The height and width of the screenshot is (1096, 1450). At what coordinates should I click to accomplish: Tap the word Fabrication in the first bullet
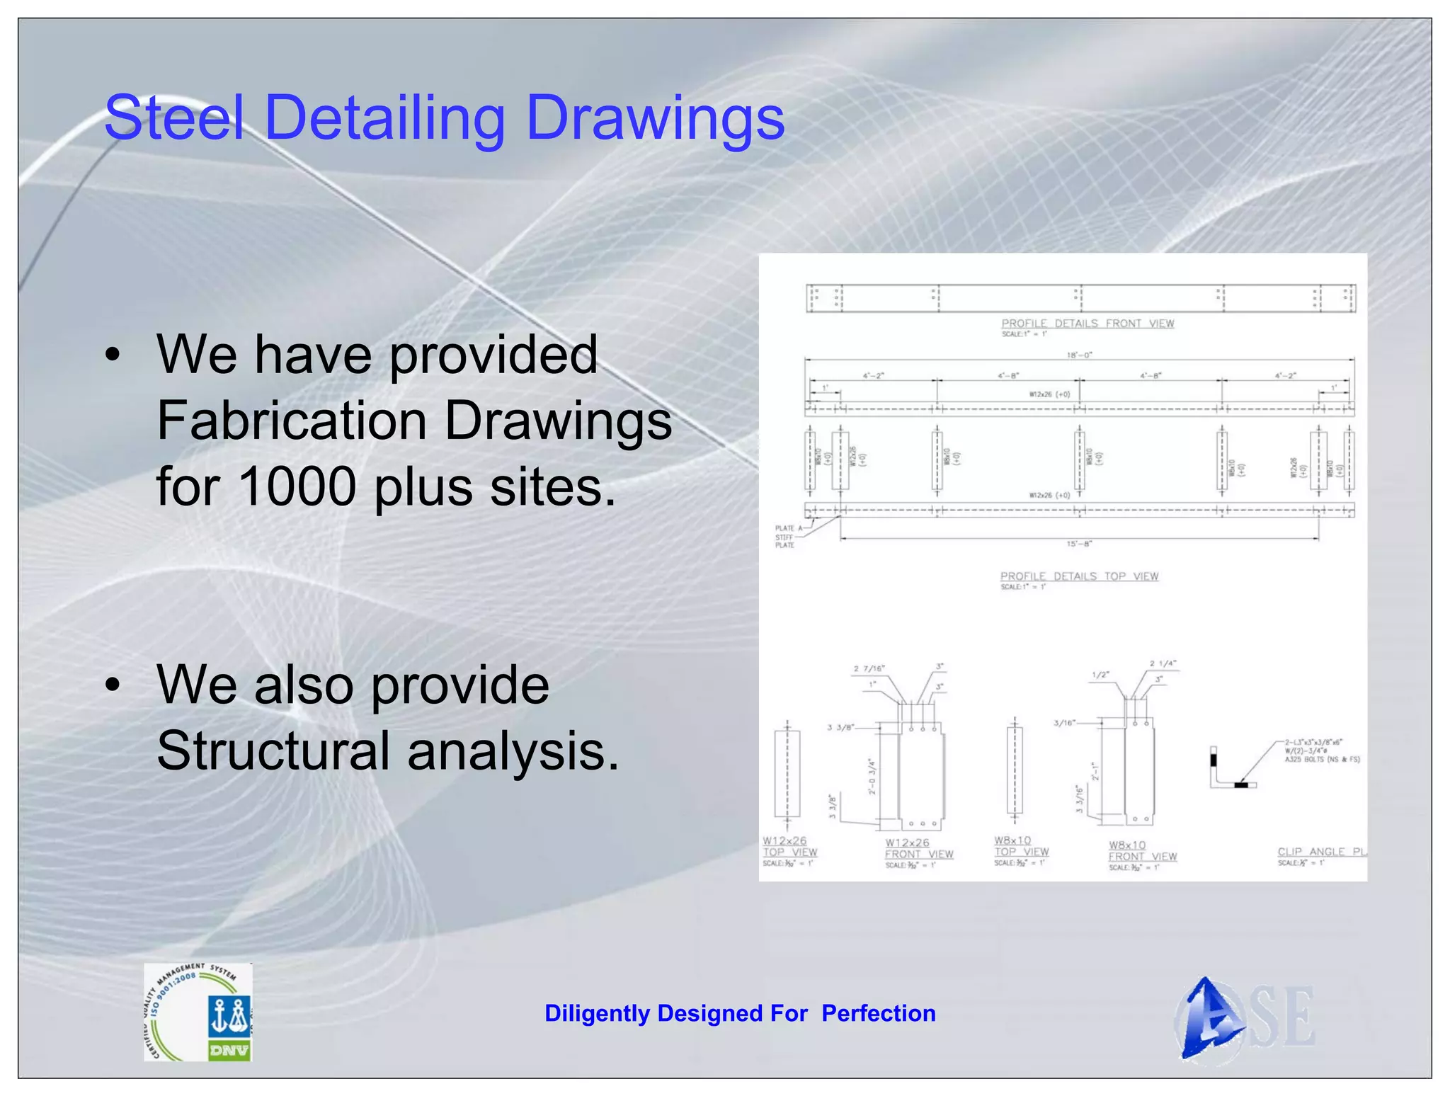click(x=292, y=421)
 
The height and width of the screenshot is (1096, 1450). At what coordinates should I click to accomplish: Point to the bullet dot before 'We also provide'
click(x=113, y=685)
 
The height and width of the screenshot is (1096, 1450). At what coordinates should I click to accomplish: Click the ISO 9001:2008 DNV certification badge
click(x=198, y=1012)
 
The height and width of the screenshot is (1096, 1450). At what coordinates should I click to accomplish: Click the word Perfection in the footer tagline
click(x=878, y=1013)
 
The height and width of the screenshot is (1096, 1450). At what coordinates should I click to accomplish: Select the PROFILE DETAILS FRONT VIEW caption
click(x=1087, y=324)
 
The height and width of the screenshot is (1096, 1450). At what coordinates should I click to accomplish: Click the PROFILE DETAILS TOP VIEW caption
click(x=1079, y=576)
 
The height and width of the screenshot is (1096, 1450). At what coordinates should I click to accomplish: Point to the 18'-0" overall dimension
click(x=1079, y=355)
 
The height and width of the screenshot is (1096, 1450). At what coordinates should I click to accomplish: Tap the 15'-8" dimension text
click(x=1079, y=544)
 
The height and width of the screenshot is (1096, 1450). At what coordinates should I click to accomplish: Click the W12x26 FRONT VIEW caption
click(x=919, y=849)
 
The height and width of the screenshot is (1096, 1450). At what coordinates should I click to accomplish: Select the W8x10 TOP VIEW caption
click(x=1021, y=846)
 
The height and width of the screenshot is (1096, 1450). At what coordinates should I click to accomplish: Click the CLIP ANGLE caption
click(x=1321, y=852)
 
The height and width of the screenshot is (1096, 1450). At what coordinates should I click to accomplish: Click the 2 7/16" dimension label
click(x=869, y=668)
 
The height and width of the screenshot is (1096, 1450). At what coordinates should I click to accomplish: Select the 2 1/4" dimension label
click(x=1163, y=663)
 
